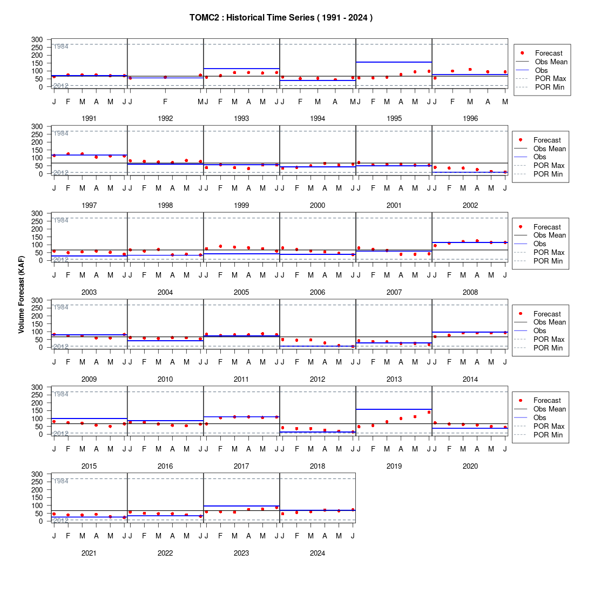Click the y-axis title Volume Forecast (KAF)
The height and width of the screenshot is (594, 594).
coord(21,295)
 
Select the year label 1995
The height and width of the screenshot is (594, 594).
coord(394,119)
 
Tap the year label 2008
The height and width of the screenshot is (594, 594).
coord(470,293)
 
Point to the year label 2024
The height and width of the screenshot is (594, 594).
coord(318,553)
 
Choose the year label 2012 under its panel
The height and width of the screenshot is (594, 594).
coord(318,379)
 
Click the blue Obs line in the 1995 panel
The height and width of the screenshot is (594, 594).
coord(394,62)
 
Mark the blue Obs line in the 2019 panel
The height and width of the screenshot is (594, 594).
coord(394,409)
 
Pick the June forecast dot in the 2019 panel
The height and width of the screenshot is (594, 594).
coord(429,412)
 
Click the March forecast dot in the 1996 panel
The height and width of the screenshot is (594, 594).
coord(470,69)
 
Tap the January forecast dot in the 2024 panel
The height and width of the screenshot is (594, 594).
coord(282,514)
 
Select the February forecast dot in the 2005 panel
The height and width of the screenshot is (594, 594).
coord(220,246)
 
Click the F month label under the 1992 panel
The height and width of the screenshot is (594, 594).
coord(165,102)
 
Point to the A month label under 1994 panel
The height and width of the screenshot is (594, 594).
coord(335,102)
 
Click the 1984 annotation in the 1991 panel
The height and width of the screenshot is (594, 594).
coord(61,46)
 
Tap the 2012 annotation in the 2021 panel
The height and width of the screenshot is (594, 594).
coord(61,520)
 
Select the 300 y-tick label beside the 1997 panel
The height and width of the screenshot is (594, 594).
coord(37,126)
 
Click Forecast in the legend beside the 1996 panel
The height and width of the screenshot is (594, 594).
coord(549,53)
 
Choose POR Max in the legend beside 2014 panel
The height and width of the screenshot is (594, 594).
coord(549,340)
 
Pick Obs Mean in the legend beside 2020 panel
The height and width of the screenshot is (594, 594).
coord(550,409)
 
